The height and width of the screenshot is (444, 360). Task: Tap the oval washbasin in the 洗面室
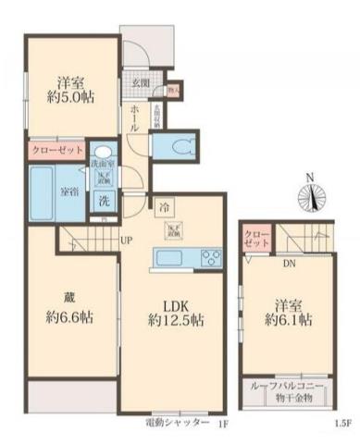(x=103, y=154)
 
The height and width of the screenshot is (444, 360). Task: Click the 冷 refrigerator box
(x=163, y=205)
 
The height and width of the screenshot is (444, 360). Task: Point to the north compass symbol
(x=311, y=195)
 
